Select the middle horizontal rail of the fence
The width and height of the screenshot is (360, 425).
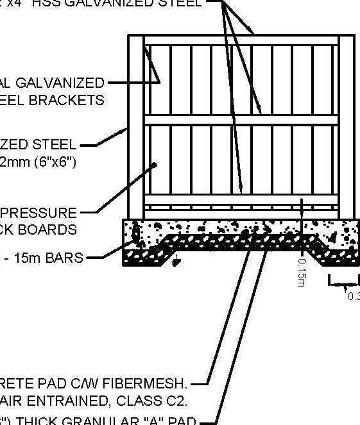(241, 120)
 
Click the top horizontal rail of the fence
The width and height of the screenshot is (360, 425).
(241, 40)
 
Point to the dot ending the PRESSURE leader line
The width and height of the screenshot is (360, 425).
(155, 165)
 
